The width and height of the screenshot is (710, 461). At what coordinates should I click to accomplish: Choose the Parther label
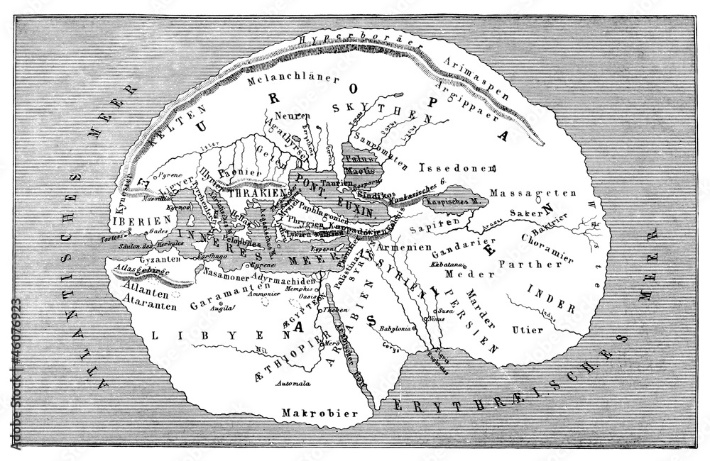524,265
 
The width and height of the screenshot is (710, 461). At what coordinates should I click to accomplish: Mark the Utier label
526,330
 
